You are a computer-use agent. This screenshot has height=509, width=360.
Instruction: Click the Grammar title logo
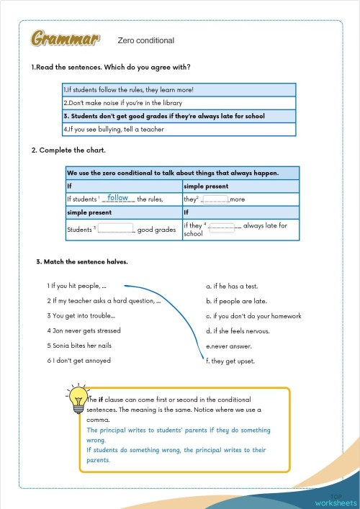(x=65, y=40)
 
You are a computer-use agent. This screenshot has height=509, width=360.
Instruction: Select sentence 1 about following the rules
(x=128, y=90)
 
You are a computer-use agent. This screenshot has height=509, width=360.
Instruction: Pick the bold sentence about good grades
(x=164, y=116)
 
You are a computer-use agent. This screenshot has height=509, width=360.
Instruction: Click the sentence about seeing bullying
(x=114, y=130)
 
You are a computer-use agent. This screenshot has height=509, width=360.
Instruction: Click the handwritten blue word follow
(x=118, y=198)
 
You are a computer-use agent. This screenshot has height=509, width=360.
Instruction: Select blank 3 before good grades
(x=116, y=230)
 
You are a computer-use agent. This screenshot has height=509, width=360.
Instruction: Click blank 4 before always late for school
(x=224, y=226)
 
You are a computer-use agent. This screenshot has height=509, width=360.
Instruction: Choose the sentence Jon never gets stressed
(x=84, y=331)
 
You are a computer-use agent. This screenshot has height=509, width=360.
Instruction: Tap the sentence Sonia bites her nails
(x=81, y=346)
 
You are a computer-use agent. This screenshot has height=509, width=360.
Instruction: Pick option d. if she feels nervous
(x=238, y=331)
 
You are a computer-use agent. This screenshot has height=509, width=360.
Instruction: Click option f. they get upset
(x=230, y=361)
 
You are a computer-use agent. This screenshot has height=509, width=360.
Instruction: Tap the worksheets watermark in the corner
(x=335, y=501)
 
